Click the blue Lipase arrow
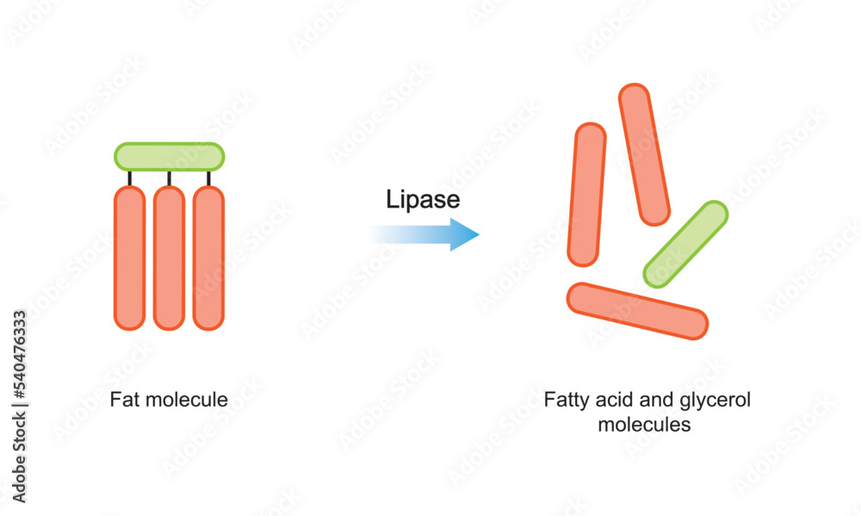click(430, 234)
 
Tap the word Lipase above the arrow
click(422, 201)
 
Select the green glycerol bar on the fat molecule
click(170, 157)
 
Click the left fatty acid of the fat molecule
click(129, 258)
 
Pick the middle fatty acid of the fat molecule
click(169, 258)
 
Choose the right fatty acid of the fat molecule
click(208, 258)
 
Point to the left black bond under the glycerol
click(130, 178)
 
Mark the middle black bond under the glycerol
click(169, 178)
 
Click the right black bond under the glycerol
click(208, 178)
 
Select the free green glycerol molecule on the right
click(686, 244)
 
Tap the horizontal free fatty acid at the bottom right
click(637, 311)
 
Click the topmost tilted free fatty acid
click(644, 154)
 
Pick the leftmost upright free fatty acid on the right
click(587, 194)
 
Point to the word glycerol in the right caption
click(714, 401)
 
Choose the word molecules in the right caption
click(645, 425)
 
